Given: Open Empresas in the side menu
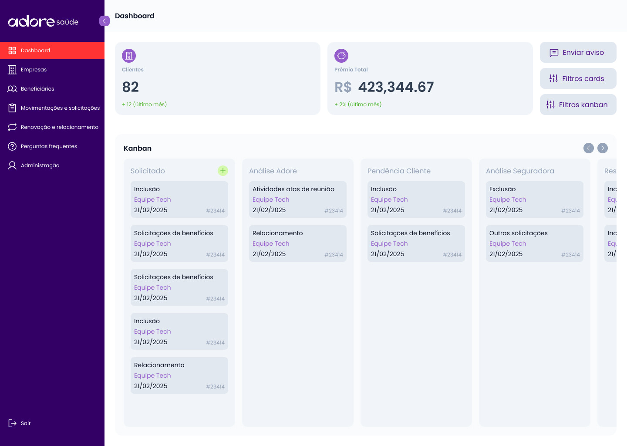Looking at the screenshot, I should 34,70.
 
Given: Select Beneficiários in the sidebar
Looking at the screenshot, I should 37,89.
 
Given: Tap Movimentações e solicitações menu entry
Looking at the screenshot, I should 60,108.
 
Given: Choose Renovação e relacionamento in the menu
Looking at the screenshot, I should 59,127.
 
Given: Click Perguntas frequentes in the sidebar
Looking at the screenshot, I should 49,146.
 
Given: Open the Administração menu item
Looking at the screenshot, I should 40,166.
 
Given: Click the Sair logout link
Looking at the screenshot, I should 25,423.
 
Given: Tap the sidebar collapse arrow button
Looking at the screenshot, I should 104,21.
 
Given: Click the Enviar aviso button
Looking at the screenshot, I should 578,52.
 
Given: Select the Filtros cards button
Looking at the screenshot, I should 578,78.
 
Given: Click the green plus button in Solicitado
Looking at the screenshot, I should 223,171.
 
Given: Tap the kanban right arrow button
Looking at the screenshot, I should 603,148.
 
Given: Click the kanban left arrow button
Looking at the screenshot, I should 589,148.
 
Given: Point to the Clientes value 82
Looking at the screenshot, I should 131,87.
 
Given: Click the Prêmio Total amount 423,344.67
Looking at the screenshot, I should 395,87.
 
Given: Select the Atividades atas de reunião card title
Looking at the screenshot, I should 293,189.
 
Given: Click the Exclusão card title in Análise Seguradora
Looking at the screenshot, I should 502,189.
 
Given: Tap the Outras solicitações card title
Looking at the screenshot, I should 519,233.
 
